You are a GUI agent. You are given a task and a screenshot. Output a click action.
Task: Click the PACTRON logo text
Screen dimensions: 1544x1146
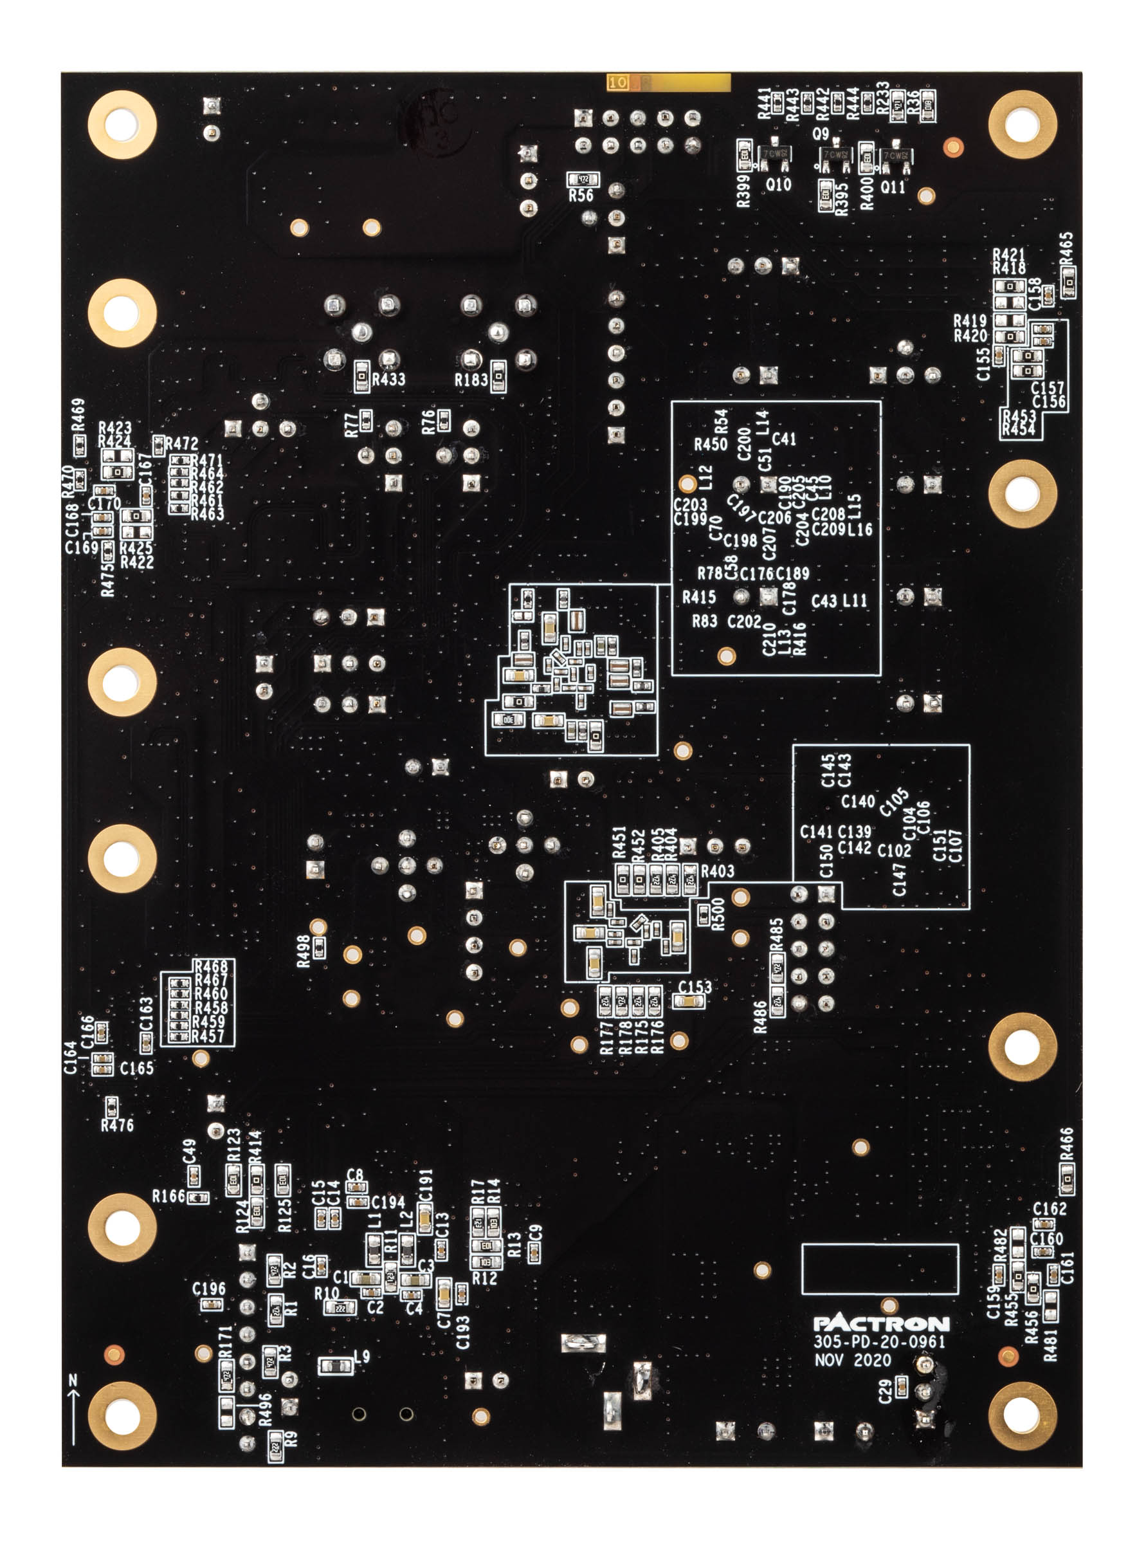pos(881,1323)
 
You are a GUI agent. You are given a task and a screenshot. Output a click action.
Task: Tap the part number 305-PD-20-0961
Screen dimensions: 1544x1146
pos(879,1342)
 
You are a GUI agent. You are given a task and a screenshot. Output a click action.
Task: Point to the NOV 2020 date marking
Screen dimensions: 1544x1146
pos(853,1360)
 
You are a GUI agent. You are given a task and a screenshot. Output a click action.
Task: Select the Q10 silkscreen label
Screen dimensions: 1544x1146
pos(778,185)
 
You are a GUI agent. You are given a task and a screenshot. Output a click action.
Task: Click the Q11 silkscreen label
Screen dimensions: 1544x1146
pos(893,187)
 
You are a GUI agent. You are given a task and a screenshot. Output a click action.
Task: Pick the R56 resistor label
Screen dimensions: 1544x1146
pos(581,196)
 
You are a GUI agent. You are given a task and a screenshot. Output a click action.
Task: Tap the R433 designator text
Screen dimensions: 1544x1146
pos(388,379)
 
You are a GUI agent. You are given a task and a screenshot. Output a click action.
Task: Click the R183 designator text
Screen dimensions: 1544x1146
pos(471,380)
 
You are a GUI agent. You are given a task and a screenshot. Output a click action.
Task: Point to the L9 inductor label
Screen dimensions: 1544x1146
pos(361,1357)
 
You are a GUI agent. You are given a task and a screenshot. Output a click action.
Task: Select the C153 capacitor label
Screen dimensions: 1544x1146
pos(695,987)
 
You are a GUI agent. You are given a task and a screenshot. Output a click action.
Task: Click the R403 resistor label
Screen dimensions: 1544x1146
pos(717,872)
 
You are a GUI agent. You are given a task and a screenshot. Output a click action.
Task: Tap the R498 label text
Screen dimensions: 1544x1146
pos(303,951)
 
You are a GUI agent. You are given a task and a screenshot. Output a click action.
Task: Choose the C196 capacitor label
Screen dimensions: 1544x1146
pos(209,1289)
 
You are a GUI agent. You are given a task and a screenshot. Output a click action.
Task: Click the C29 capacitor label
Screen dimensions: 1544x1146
pos(885,1391)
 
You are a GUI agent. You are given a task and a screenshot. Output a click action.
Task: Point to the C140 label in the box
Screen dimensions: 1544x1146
pos(858,802)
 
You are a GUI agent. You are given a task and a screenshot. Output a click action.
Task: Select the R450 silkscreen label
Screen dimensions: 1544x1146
pos(711,444)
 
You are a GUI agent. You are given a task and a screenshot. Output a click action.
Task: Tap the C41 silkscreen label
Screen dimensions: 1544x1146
pos(784,439)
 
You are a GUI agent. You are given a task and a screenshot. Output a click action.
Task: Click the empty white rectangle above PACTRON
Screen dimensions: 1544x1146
pos(880,1269)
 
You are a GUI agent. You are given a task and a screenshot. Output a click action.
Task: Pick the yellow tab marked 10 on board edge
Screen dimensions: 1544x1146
pos(617,82)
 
